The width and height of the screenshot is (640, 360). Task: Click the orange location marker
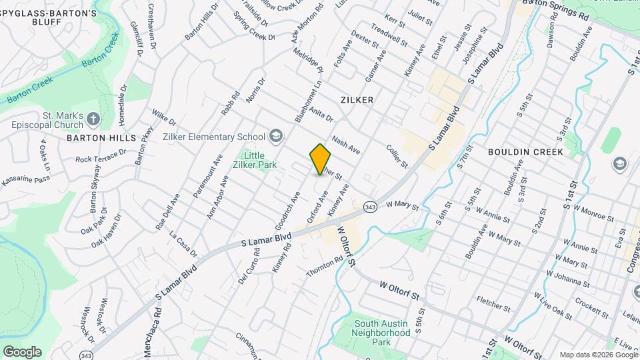coord(321,159)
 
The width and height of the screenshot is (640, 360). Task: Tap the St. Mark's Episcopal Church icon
coord(93,120)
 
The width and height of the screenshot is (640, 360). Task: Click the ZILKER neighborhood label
coord(357,99)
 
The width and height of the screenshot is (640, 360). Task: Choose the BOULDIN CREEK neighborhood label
coord(525,152)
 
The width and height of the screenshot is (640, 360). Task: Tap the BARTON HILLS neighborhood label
coord(101,137)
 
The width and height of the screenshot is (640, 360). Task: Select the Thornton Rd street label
coord(325,267)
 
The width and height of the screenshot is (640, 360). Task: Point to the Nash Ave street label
coord(346,146)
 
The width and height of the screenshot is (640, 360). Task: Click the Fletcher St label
coord(494,304)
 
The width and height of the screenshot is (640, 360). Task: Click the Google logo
coord(22,351)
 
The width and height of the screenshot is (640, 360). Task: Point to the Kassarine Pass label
coord(25,180)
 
